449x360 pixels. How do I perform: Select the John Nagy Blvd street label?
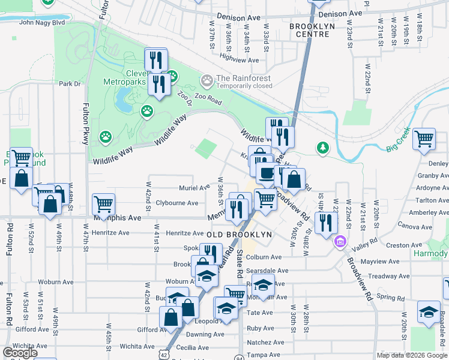click(x=42, y=22)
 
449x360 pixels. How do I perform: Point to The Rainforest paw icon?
click(x=207, y=80)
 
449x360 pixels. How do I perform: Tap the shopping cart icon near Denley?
click(x=424, y=139)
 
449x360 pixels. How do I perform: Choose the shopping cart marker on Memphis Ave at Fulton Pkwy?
click(x=103, y=204)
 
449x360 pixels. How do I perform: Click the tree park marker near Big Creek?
click(x=323, y=147)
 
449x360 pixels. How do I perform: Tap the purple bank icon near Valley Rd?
click(x=340, y=242)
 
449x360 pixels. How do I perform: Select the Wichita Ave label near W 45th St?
click(x=137, y=346)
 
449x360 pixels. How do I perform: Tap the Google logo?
click(x=19, y=352)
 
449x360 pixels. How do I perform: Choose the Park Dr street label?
click(x=70, y=84)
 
